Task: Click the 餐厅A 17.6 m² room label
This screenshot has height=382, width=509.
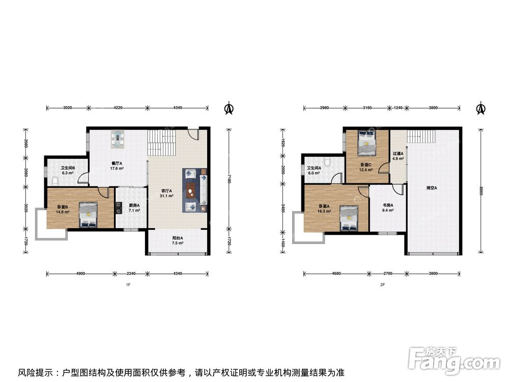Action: (x=117, y=166)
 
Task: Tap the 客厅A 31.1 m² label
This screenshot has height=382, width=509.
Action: (x=166, y=194)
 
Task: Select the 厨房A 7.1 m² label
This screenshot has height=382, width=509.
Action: (x=134, y=208)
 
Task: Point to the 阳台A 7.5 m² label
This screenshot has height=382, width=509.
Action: (x=178, y=240)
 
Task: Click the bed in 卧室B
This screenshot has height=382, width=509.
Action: (x=88, y=215)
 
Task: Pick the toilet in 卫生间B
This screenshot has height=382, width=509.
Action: (x=55, y=181)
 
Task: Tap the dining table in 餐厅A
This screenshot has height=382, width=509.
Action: (x=117, y=140)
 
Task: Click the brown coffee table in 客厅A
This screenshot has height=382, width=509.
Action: (x=191, y=190)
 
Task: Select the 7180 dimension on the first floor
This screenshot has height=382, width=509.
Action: (x=229, y=179)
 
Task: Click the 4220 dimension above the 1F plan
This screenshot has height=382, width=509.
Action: (x=118, y=107)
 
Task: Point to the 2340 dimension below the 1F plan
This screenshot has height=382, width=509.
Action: (x=131, y=274)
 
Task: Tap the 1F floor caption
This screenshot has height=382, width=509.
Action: (x=128, y=285)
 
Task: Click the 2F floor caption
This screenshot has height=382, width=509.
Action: (x=382, y=285)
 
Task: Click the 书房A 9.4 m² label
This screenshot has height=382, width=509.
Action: (x=388, y=208)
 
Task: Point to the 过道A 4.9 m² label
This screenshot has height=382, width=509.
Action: (x=398, y=156)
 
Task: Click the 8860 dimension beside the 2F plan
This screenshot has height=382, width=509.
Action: (x=481, y=190)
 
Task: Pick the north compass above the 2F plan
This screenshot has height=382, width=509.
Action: (x=481, y=108)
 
